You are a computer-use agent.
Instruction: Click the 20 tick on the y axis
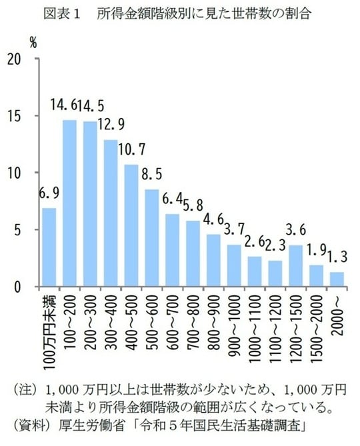[21, 59]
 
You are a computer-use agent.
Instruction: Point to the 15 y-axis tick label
[21, 116]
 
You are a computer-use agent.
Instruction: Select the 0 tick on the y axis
[25, 287]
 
